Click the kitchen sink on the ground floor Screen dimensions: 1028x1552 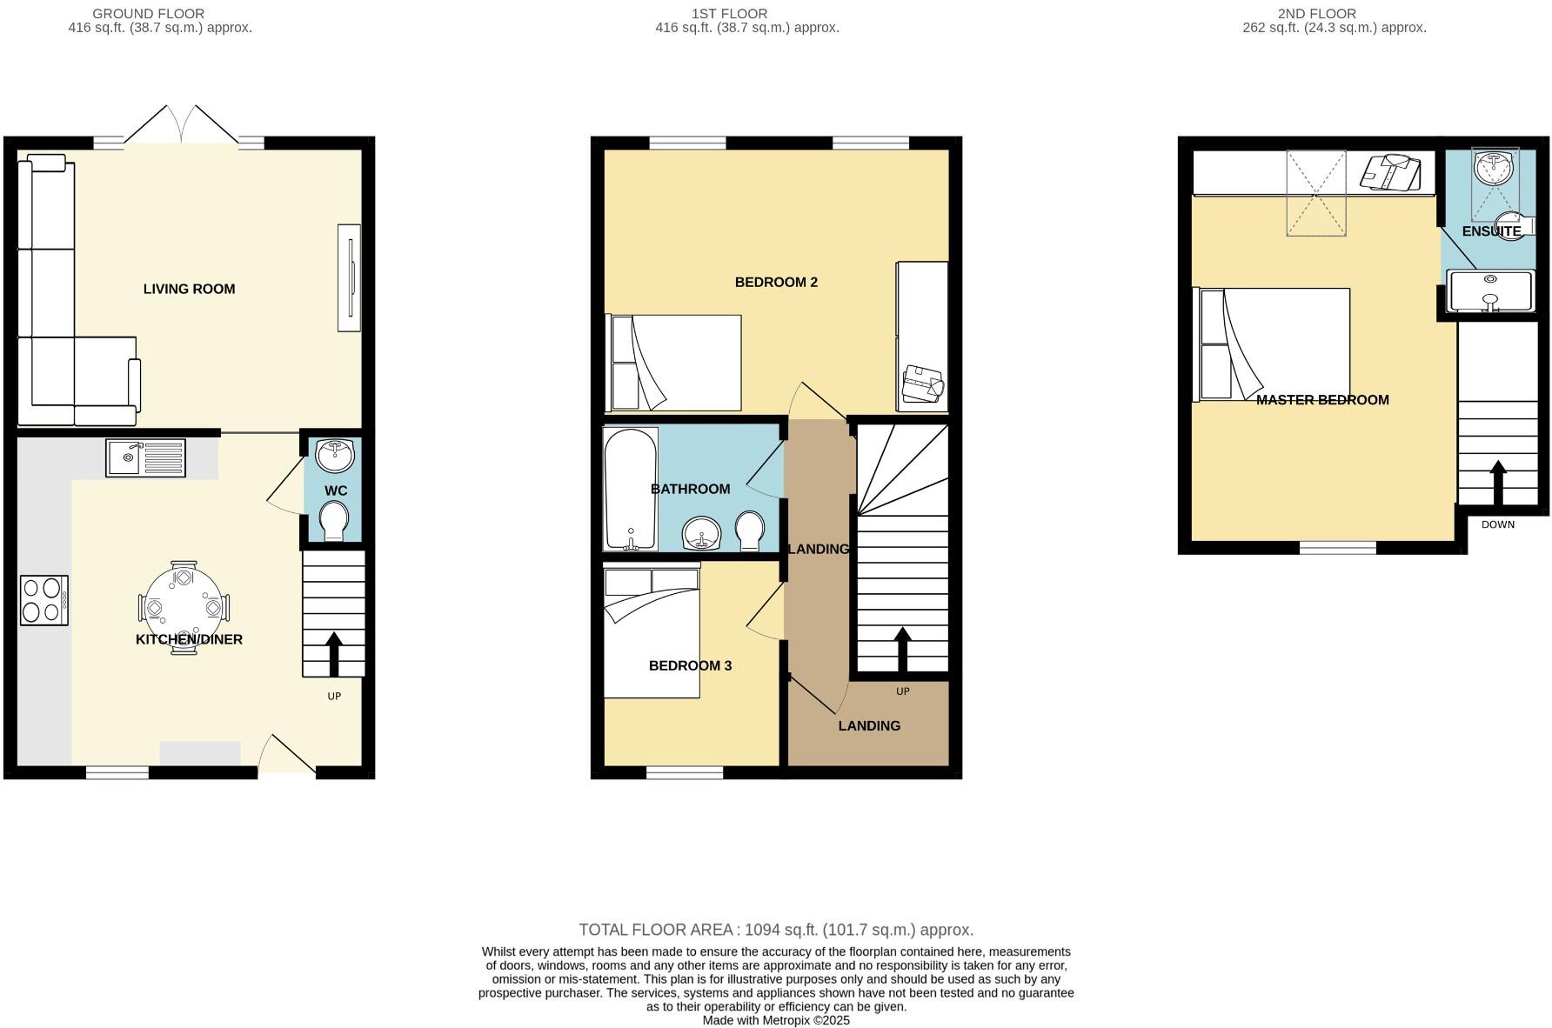(146, 457)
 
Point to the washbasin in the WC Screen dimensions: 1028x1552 (335, 455)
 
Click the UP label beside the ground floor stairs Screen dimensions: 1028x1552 (334, 696)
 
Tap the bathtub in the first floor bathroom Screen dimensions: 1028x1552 (630, 489)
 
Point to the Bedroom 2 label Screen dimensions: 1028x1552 (776, 282)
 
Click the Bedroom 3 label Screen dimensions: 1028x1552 (690, 665)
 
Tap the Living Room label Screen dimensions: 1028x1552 (189, 289)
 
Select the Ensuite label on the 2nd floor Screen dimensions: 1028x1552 (1491, 231)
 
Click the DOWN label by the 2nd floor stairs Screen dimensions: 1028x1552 (1497, 524)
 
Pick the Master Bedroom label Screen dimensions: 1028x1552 (1322, 400)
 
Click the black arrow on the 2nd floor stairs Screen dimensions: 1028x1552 (1498, 482)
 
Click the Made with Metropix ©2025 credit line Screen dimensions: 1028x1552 (776, 1020)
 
